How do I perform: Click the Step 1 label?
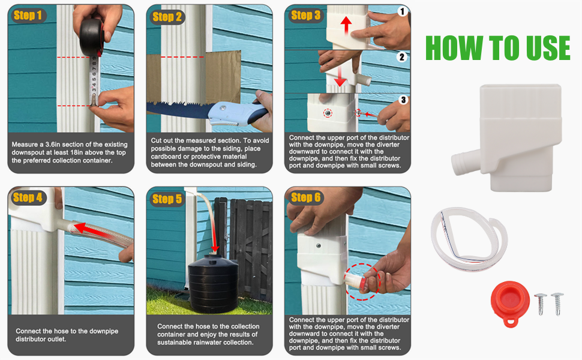[28, 16]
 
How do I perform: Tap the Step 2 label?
[167, 17]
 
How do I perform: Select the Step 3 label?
[305, 16]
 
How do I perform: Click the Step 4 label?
[28, 197]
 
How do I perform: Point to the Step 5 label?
[167, 199]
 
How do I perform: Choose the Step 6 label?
[305, 197]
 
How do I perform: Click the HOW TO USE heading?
[497, 48]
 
